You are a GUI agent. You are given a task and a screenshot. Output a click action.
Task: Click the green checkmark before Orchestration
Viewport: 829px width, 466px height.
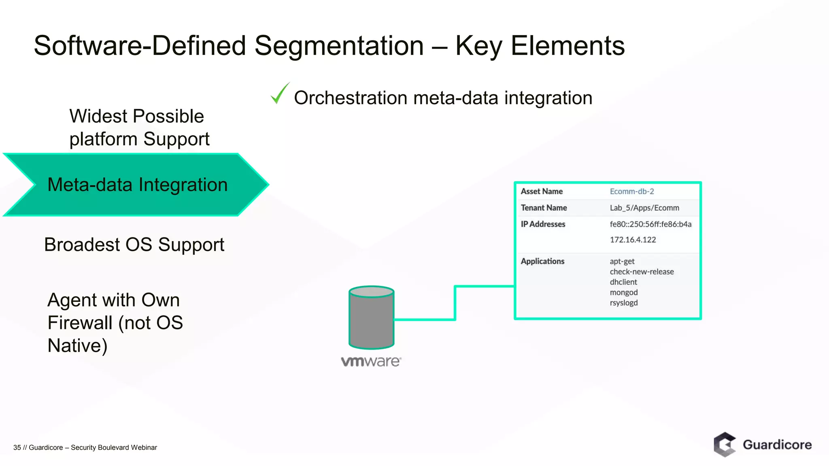(279, 94)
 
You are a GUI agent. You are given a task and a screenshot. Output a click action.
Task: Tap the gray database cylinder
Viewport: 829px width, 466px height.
(371, 318)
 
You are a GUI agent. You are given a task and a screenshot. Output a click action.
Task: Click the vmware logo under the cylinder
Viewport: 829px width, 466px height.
(371, 361)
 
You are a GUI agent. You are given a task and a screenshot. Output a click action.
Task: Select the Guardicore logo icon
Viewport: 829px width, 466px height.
(725, 445)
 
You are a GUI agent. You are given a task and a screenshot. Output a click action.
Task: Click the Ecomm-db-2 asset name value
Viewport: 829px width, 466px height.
(631, 191)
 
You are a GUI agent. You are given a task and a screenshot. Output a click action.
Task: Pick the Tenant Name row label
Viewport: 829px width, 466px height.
(544, 208)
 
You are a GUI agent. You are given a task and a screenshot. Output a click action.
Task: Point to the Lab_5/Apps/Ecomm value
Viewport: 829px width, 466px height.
(644, 208)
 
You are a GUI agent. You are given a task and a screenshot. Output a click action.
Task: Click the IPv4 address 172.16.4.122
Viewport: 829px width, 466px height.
(633, 240)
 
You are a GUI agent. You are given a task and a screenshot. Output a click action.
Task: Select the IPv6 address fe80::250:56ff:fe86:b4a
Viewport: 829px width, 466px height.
(650, 224)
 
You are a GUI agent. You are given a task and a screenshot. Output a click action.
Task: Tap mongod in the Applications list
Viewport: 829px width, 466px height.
(624, 292)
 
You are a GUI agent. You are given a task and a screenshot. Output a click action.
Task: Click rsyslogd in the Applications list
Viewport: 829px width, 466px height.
(624, 303)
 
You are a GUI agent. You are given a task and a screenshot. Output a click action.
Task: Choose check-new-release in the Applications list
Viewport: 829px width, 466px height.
(642, 272)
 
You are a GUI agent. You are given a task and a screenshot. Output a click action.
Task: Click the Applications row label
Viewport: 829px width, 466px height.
(542, 261)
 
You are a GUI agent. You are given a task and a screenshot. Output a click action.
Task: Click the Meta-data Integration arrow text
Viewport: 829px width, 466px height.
(138, 185)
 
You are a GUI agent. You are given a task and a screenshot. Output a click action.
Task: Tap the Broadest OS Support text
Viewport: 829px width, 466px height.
(134, 245)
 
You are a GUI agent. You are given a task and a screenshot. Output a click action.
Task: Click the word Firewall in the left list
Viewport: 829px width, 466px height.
(80, 323)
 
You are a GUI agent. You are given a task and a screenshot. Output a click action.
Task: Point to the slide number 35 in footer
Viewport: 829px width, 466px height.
(17, 447)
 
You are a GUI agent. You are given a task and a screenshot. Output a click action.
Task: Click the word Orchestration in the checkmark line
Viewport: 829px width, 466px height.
(351, 98)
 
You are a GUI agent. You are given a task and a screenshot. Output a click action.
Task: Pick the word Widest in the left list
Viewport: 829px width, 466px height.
(98, 116)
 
